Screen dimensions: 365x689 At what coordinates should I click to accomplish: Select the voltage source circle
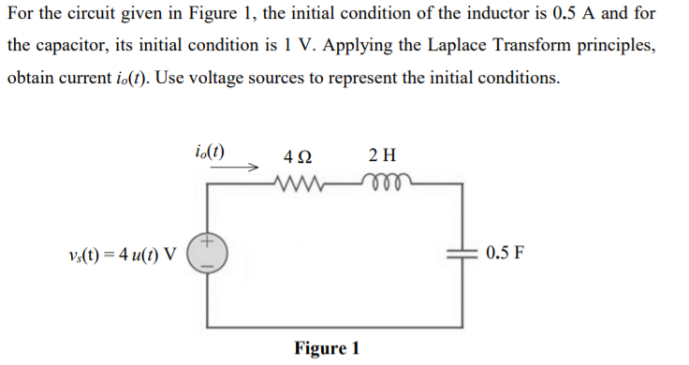206,255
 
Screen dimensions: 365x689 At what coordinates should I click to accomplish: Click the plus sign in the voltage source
206,243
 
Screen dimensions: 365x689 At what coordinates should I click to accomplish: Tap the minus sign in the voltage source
206,266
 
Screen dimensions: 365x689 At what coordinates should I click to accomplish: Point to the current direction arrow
242,169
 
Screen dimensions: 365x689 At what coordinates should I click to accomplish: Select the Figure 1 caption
327,348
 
